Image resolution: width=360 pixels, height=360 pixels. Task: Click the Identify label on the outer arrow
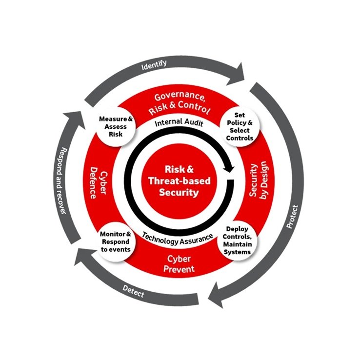tap(154, 63)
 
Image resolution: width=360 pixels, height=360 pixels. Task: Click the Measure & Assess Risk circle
tap(113, 126)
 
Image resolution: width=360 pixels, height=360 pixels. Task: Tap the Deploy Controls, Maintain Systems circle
tap(239, 240)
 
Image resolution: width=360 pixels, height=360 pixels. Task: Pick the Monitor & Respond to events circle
tap(116, 240)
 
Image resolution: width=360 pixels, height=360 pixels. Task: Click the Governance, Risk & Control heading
tap(179, 102)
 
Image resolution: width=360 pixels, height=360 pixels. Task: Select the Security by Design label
tap(257, 180)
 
